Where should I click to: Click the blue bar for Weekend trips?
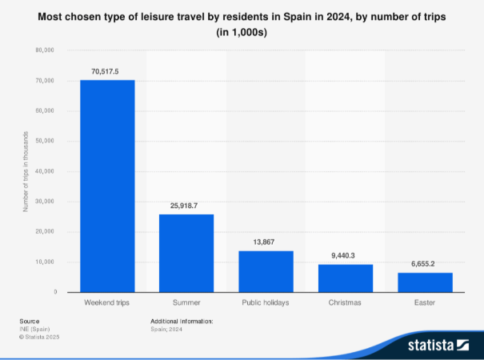point(107,186)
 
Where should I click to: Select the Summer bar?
point(186,253)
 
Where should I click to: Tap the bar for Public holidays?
point(266,271)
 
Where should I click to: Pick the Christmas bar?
point(345,278)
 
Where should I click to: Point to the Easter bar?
point(425,282)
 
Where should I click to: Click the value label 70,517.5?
point(107,71)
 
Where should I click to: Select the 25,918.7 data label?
point(186,206)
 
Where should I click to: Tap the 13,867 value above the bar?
point(266,242)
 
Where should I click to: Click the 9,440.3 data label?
point(345,255)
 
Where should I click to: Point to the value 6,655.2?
point(425,264)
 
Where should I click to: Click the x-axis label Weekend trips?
point(107,303)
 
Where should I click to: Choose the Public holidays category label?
point(266,303)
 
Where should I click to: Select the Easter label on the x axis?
point(425,303)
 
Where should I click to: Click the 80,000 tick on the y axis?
point(44,50)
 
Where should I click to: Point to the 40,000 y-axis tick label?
point(44,171)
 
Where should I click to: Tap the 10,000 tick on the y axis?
point(44,262)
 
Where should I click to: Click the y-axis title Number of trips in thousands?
point(26,171)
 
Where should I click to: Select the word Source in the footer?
point(30,321)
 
